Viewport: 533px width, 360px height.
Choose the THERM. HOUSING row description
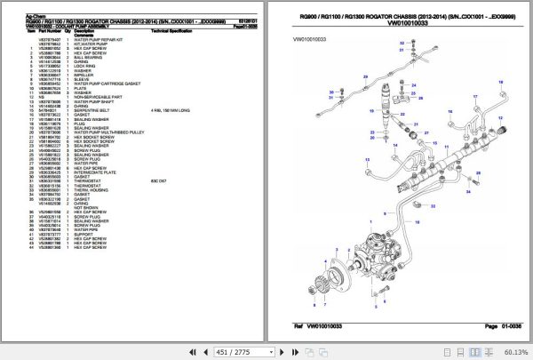click(94, 190)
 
